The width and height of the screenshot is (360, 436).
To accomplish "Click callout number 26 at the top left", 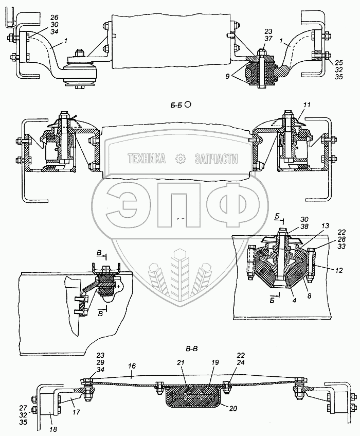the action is pyautogui.click(x=55, y=18).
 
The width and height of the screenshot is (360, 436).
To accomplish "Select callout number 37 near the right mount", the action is pyautogui.click(x=268, y=39).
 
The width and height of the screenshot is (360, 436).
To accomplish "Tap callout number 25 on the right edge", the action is pyautogui.click(x=338, y=63).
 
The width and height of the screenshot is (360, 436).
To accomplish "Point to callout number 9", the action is pyautogui.click(x=227, y=76).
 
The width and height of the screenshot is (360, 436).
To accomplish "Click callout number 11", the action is pyautogui.click(x=307, y=105).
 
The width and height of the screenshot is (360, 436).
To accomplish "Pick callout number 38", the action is pyautogui.click(x=304, y=226).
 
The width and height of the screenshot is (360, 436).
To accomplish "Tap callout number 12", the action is pyautogui.click(x=338, y=270).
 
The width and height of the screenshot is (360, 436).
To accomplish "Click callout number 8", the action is pyautogui.click(x=309, y=297).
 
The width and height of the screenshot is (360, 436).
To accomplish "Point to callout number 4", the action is pyautogui.click(x=295, y=300).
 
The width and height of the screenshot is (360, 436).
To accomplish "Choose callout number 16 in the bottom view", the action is pyautogui.click(x=132, y=365).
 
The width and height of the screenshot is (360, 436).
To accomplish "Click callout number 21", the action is pyautogui.click(x=180, y=362).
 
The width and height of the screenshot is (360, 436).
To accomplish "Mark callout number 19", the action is pyautogui.click(x=215, y=362).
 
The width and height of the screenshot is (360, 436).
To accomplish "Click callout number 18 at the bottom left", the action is pyautogui.click(x=53, y=429).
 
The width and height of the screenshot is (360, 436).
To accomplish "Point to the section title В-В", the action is pyautogui.click(x=192, y=348).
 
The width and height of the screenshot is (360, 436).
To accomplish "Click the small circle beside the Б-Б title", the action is pyautogui.click(x=188, y=104).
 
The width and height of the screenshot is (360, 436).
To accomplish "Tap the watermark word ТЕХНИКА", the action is pyautogui.click(x=147, y=159).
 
